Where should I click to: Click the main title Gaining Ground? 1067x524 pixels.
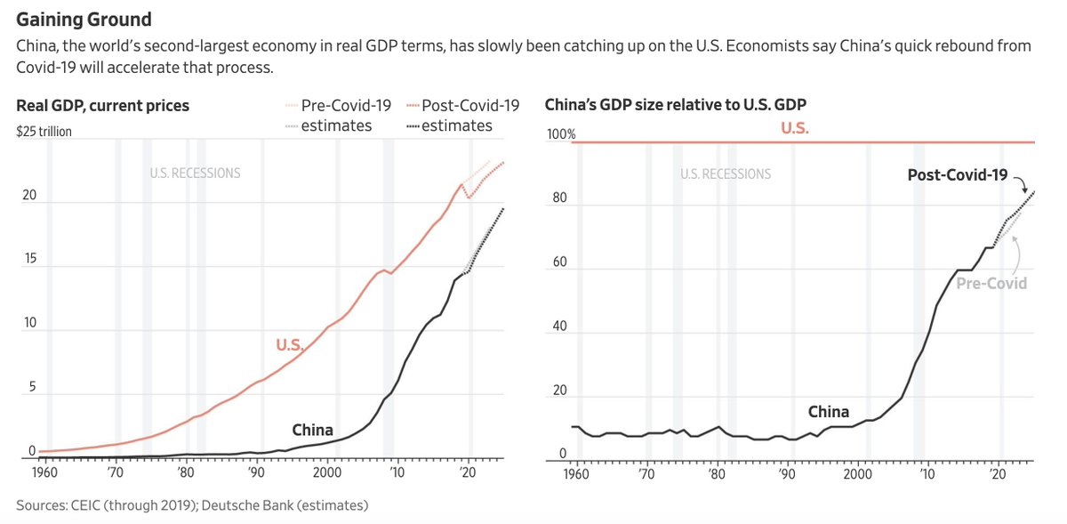pos(84,18)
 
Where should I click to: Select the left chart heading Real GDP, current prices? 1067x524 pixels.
pos(102,106)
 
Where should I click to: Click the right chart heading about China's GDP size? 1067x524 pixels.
pos(675,106)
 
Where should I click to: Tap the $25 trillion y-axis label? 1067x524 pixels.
pos(44,132)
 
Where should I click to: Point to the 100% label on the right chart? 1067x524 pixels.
pos(560,134)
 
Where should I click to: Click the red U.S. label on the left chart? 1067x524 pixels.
pos(290,346)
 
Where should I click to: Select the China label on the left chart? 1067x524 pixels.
pos(312,431)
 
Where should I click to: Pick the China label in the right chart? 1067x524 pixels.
pos(828,412)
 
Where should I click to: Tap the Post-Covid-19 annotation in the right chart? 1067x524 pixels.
pos(957,175)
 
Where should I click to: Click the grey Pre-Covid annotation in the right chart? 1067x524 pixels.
pos(991,283)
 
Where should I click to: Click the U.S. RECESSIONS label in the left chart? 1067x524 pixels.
pos(195,173)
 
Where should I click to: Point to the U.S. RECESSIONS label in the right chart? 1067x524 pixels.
pos(726,174)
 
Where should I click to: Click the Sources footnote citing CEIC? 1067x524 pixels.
pos(192,505)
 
